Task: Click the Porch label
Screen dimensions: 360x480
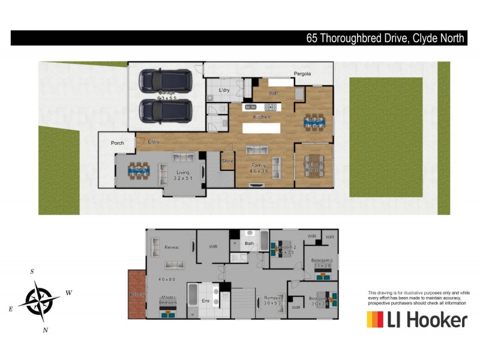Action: point(117,143)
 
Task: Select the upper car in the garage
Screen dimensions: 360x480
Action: point(165,80)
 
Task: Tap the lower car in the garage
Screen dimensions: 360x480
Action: point(165,110)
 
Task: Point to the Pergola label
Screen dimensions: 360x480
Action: point(302,74)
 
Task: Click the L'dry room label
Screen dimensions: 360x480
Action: point(224,90)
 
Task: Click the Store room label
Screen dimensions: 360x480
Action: point(227,161)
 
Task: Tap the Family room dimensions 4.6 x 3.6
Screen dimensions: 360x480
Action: point(259,171)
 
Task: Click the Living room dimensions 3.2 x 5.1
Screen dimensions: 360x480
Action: point(182,178)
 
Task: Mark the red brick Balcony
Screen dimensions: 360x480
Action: point(136,294)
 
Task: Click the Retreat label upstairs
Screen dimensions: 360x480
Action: point(172,247)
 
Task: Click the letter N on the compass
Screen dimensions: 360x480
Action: point(46,329)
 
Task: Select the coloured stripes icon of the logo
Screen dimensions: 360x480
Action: point(375,319)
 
